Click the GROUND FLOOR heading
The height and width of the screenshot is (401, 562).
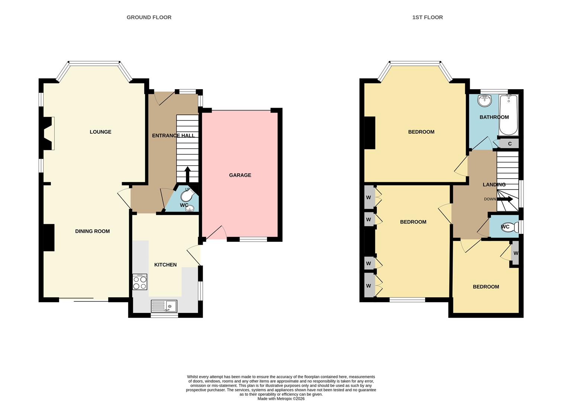[x=149, y=17]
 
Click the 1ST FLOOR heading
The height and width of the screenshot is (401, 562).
[x=427, y=17]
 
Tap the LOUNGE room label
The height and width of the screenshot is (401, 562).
[x=100, y=132]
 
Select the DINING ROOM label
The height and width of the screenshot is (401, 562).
[x=92, y=231]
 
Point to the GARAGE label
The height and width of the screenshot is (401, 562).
[x=240, y=175]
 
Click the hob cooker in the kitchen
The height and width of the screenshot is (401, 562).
[x=140, y=282]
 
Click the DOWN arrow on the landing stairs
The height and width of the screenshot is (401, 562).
[x=505, y=199]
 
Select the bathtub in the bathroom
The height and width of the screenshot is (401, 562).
[x=508, y=115]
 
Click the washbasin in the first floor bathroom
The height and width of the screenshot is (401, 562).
[x=485, y=100]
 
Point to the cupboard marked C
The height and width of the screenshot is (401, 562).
[x=510, y=144]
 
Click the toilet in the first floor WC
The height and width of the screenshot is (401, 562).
[x=513, y=227]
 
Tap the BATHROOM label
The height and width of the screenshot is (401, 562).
[x=494, y=117]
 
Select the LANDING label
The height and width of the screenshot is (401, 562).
[x=494, y=185]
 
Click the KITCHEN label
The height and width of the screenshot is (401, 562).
[x=166, y=265]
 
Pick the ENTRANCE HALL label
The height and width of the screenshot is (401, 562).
[x=173, y=136]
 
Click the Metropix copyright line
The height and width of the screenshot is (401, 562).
[x=281, y=399]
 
